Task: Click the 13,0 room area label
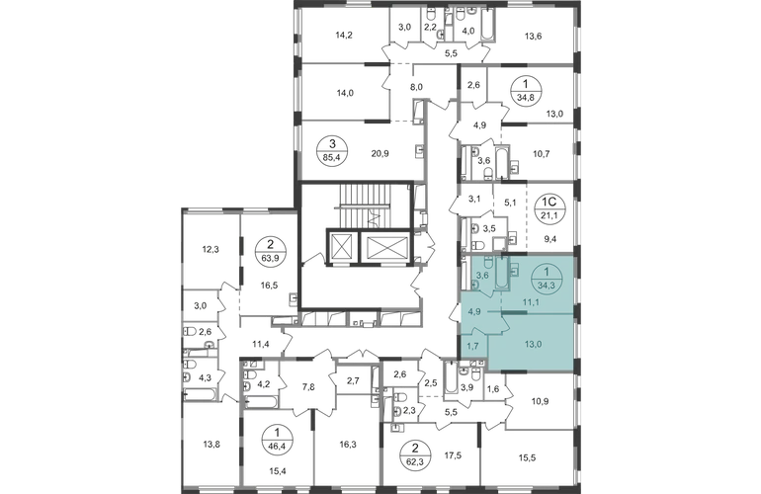pos(532,344)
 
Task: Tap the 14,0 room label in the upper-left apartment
pos(343,94)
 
